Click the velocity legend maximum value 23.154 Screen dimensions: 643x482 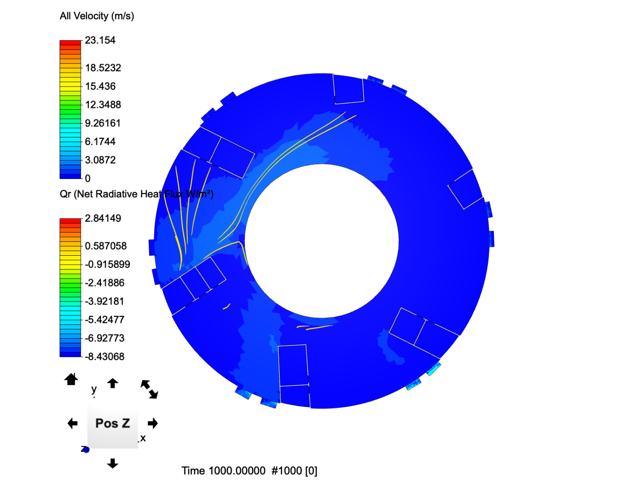(100, 40)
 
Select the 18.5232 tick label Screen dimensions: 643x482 (103, 68)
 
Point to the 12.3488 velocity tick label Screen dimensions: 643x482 (103, 105)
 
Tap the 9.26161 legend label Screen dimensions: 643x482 (103, 123)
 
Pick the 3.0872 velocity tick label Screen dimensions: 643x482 (100, 160)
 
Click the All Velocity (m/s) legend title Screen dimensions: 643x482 (96, 16)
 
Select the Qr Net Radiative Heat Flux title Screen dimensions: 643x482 (137, 194)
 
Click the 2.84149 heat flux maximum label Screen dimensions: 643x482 (103, 218)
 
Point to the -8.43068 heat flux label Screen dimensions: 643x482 (104, 357)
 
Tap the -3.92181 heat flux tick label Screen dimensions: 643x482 (104, 301)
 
